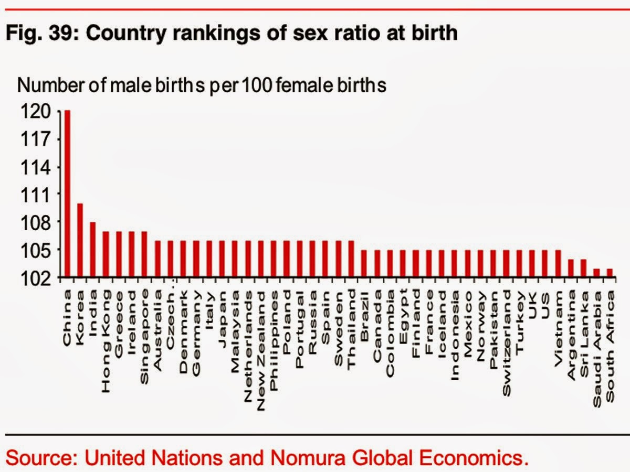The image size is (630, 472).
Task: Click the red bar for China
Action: click(67, 194)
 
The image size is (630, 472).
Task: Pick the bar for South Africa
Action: click(610, 273)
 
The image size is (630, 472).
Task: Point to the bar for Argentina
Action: click(571, 268)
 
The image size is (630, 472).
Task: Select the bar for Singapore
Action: click(144, 254)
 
